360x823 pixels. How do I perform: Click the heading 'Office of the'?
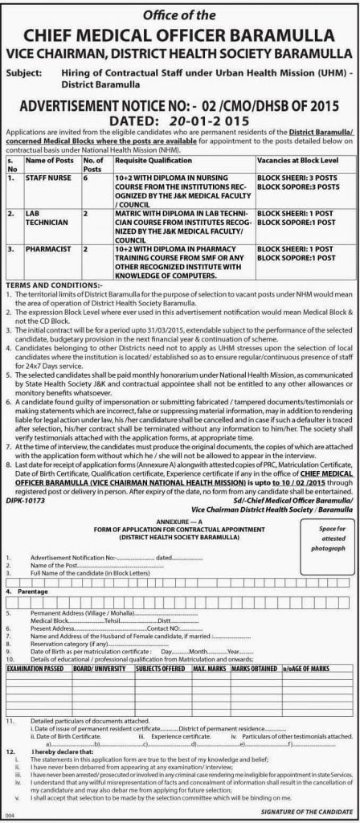coord(180,14)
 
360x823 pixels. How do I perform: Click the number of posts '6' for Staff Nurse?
coord(86,178)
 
